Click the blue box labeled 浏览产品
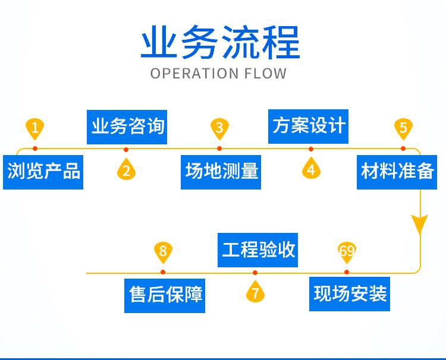pos(43,172)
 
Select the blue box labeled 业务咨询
pos(127,127)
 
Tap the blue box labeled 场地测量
pos(221,172)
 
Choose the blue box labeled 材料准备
pos(398,172)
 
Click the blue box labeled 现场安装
pos(350,293)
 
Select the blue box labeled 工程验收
pos(259,250)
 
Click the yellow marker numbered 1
pos(35,128)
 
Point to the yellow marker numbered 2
pos(126,170)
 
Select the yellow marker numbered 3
pos(219,128)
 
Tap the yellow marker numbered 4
pos(310,169)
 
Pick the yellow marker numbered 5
pos(403,128)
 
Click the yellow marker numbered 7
pos(255,292)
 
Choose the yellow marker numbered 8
pos(163,251)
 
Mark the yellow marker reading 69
pos(347,251)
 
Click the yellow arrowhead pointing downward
pos(420,225)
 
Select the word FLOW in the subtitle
pos(265,74)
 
